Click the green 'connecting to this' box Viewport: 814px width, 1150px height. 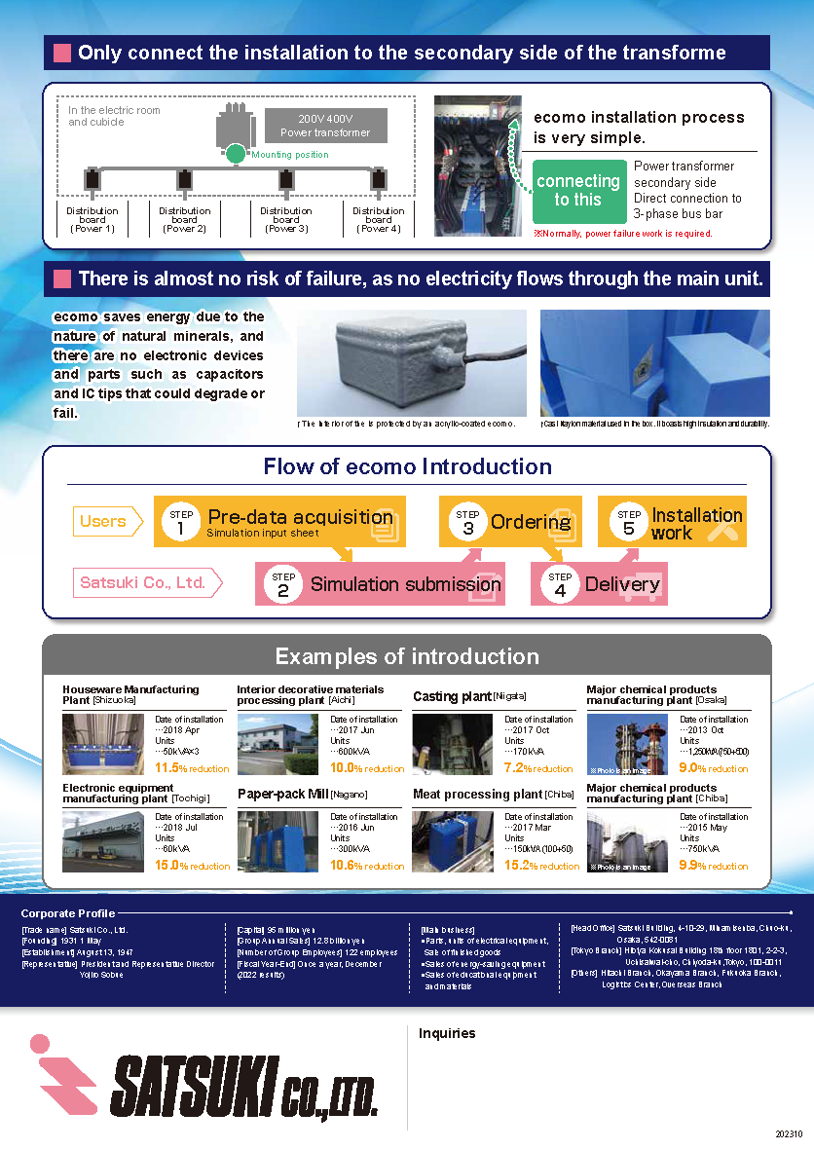(x=578, y=191)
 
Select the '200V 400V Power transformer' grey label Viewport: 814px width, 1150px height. (x=325, y=126)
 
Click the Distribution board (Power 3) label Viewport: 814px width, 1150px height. (x=285, y=219)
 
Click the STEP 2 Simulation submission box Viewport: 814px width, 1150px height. (x=381, y=584)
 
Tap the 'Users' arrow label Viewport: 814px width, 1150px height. (x=104, y=522)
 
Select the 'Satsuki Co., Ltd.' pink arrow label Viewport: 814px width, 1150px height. (x=144, y=583)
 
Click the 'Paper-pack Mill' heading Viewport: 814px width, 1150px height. (x=282, y=795)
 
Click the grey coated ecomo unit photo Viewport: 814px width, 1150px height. (x=411, y=362)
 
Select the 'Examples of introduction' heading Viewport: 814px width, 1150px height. (x=407, y=656)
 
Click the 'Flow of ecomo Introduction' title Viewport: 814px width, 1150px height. (x=407, y=466)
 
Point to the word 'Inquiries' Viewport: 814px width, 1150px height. (x=447, y=1033)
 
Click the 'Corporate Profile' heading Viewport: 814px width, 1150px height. (x=68, y=913)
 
